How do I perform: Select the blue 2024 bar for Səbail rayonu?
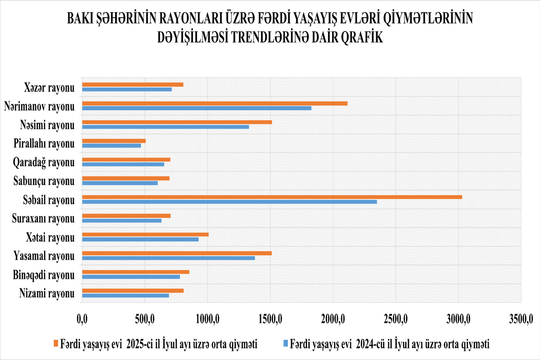(229, 201)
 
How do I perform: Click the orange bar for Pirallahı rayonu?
(114, 141)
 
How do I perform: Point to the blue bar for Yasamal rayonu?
(168, 258)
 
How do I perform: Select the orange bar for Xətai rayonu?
(145, 234)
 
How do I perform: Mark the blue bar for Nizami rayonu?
(126, 295)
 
